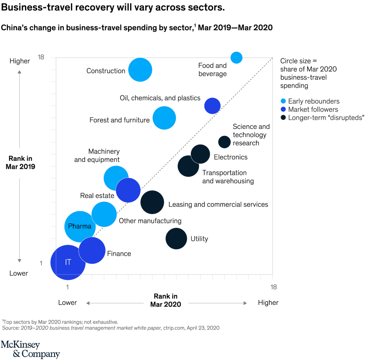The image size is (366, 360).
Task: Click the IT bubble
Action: click(x=68, y=262)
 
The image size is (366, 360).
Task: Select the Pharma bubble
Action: click(x=80, y=226)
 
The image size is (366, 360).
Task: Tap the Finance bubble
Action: click(x=92, y=250)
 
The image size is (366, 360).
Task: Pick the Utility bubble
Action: click(x=176, y=238)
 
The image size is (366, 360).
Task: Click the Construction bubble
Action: click(x=140, y=70)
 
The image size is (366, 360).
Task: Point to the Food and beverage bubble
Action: click(x=236, y=57)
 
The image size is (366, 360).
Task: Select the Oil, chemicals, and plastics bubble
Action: click(x=212, y=106)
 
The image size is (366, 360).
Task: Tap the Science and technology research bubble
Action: click(x=224, y=142)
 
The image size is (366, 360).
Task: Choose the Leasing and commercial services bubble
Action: click(x=152, y=203)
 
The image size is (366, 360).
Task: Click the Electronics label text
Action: click(x=231, y=157)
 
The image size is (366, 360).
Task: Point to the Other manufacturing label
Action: click(x=150, y=221)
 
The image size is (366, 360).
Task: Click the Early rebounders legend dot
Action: click(x=283, y=101)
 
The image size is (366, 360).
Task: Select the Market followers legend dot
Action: click(x=283, y=110)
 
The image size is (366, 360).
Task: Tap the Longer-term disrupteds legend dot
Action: click(x=283, y=118)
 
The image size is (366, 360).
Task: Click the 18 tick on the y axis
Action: click(x=41, y=57)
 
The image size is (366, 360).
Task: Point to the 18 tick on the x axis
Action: click(x=273, y=287)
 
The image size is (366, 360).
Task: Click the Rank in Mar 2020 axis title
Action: click(x=165, y=300)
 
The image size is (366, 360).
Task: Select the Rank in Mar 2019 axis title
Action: click(x=20, y=162)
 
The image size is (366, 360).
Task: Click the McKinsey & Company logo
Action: click(x=30, y=349)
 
